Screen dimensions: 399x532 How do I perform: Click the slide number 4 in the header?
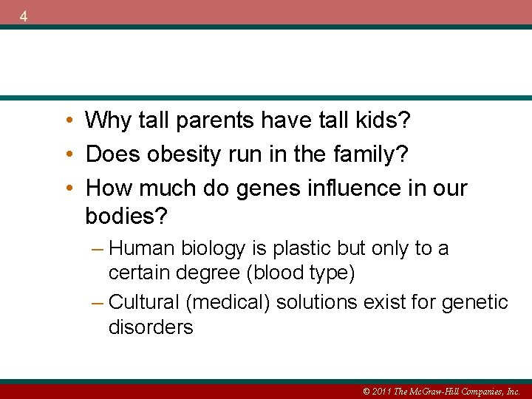click(24, 16)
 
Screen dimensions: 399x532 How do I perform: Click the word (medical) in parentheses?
click(231, 302)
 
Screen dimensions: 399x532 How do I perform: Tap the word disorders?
click(151, 327)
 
